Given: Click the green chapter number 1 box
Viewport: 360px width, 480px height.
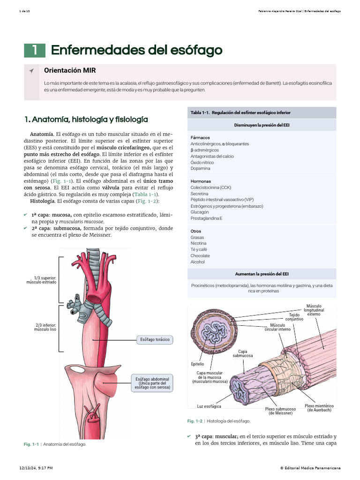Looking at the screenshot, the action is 35,50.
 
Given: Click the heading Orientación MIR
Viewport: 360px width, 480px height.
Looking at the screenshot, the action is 70,70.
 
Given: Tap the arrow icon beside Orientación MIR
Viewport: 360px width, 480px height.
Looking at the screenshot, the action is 31,71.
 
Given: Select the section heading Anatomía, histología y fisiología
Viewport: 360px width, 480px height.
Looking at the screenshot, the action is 86,120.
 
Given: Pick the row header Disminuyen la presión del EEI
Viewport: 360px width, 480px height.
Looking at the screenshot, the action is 262,125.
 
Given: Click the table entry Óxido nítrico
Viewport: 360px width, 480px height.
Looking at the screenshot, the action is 202,162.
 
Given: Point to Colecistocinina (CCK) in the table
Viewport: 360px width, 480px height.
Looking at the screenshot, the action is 210,187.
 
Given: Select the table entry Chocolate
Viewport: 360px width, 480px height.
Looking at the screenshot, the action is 200,255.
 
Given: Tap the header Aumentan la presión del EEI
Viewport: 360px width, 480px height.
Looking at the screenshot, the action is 262,274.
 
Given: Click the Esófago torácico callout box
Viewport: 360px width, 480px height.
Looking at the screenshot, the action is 155,339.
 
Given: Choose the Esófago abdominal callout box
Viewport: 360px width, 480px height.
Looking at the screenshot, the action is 152,383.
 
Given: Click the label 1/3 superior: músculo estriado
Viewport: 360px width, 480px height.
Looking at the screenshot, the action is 41,280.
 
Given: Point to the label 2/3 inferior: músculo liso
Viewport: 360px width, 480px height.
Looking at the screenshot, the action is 45,327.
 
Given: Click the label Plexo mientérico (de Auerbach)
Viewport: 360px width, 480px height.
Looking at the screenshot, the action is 319,408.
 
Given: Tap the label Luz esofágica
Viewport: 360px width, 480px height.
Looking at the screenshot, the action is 209,406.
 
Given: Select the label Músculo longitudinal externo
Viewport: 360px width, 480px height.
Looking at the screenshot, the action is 314,310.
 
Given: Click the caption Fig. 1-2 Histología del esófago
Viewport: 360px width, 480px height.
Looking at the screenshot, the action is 219,421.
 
